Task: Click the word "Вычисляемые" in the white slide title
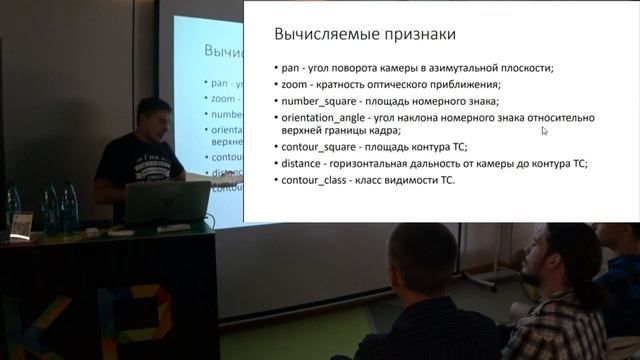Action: tap(324, 35)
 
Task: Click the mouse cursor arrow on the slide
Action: tap(545, 130)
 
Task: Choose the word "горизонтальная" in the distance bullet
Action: tap(389, 163)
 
